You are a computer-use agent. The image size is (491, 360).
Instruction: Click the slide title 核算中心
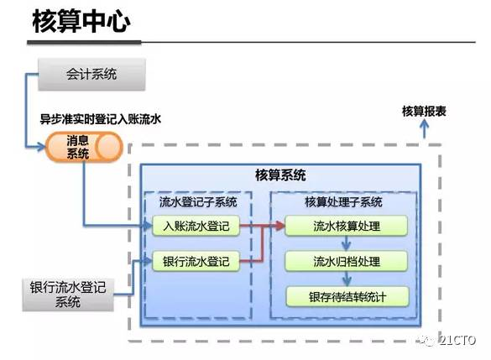point(81,23)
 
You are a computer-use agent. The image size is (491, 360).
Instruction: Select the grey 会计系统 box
point(91,74)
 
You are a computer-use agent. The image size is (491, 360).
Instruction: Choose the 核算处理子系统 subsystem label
point(342,202)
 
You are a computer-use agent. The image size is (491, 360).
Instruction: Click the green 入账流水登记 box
point(196,226)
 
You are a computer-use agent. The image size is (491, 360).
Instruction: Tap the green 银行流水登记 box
point(196,261)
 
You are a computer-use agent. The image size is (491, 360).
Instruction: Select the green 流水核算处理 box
point(347,226)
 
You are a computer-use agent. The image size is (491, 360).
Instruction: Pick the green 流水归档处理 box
point(347,261)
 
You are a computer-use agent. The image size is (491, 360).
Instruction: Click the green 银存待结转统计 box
point(347,296)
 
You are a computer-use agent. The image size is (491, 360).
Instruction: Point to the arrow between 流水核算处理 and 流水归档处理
point(346,243)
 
